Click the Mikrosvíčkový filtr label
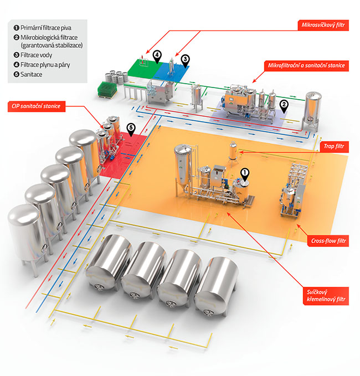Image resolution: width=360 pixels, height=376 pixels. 324,25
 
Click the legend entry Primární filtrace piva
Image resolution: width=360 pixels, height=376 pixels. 42,27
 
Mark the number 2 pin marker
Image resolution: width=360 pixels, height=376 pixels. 284,105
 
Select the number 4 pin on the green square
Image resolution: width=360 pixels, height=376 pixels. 157,56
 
